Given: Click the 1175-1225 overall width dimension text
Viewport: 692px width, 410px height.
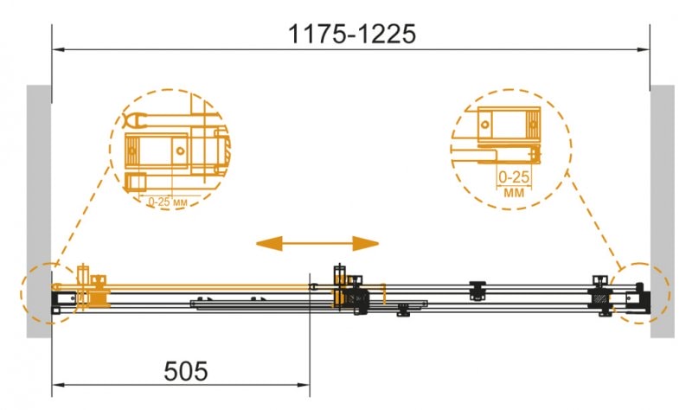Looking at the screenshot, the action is [352, 34].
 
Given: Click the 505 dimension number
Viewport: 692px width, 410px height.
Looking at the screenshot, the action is [185, 371].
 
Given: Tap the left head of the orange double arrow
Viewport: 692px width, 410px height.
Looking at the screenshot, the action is [269, 243].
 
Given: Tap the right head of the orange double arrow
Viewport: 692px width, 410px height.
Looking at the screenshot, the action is [365, 243].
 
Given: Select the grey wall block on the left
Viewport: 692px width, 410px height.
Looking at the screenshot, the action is [39, 211].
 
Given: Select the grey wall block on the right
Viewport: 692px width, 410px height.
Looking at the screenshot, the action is [663, 211].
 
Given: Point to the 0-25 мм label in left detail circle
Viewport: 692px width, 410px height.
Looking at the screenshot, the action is [168, 202].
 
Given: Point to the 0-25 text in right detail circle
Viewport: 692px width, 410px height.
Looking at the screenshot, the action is [514, 177].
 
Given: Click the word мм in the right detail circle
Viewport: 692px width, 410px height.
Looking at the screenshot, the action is [514, 193].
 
